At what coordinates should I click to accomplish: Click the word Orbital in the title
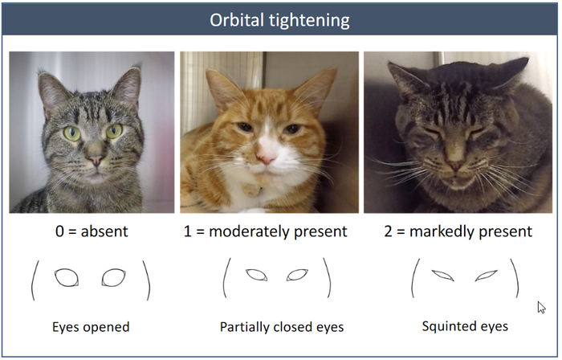[x=237, y=20]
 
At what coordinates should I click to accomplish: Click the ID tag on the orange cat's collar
[x=251, y=190]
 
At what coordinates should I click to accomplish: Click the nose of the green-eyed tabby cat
[x=96, y=160]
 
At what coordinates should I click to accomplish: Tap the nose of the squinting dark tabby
[x=455, y=166]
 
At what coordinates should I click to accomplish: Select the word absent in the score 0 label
[x=104, y=231]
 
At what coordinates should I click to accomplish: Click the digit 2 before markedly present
[x=388, y=231]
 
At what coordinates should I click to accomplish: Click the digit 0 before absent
[x=60, y=231]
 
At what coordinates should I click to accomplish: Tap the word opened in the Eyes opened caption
[x=109, y=328]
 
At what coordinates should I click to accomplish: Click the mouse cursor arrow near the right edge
[x=541, y=307]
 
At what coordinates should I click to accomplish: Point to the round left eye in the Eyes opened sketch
[x=67, y=278]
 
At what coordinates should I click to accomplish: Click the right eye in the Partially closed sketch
[x=297, y=275]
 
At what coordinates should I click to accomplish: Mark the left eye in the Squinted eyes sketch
[x=443, y=276]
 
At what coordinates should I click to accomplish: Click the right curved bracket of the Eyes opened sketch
[x=148, y=280]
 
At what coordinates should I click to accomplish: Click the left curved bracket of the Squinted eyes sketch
[x=414, y=278]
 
